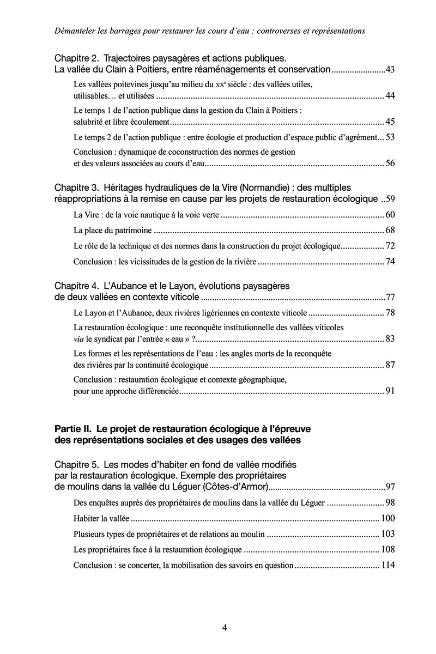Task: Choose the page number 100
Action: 387,518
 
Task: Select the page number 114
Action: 387,565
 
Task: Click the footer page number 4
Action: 225,628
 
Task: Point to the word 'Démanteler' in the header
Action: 76,31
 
